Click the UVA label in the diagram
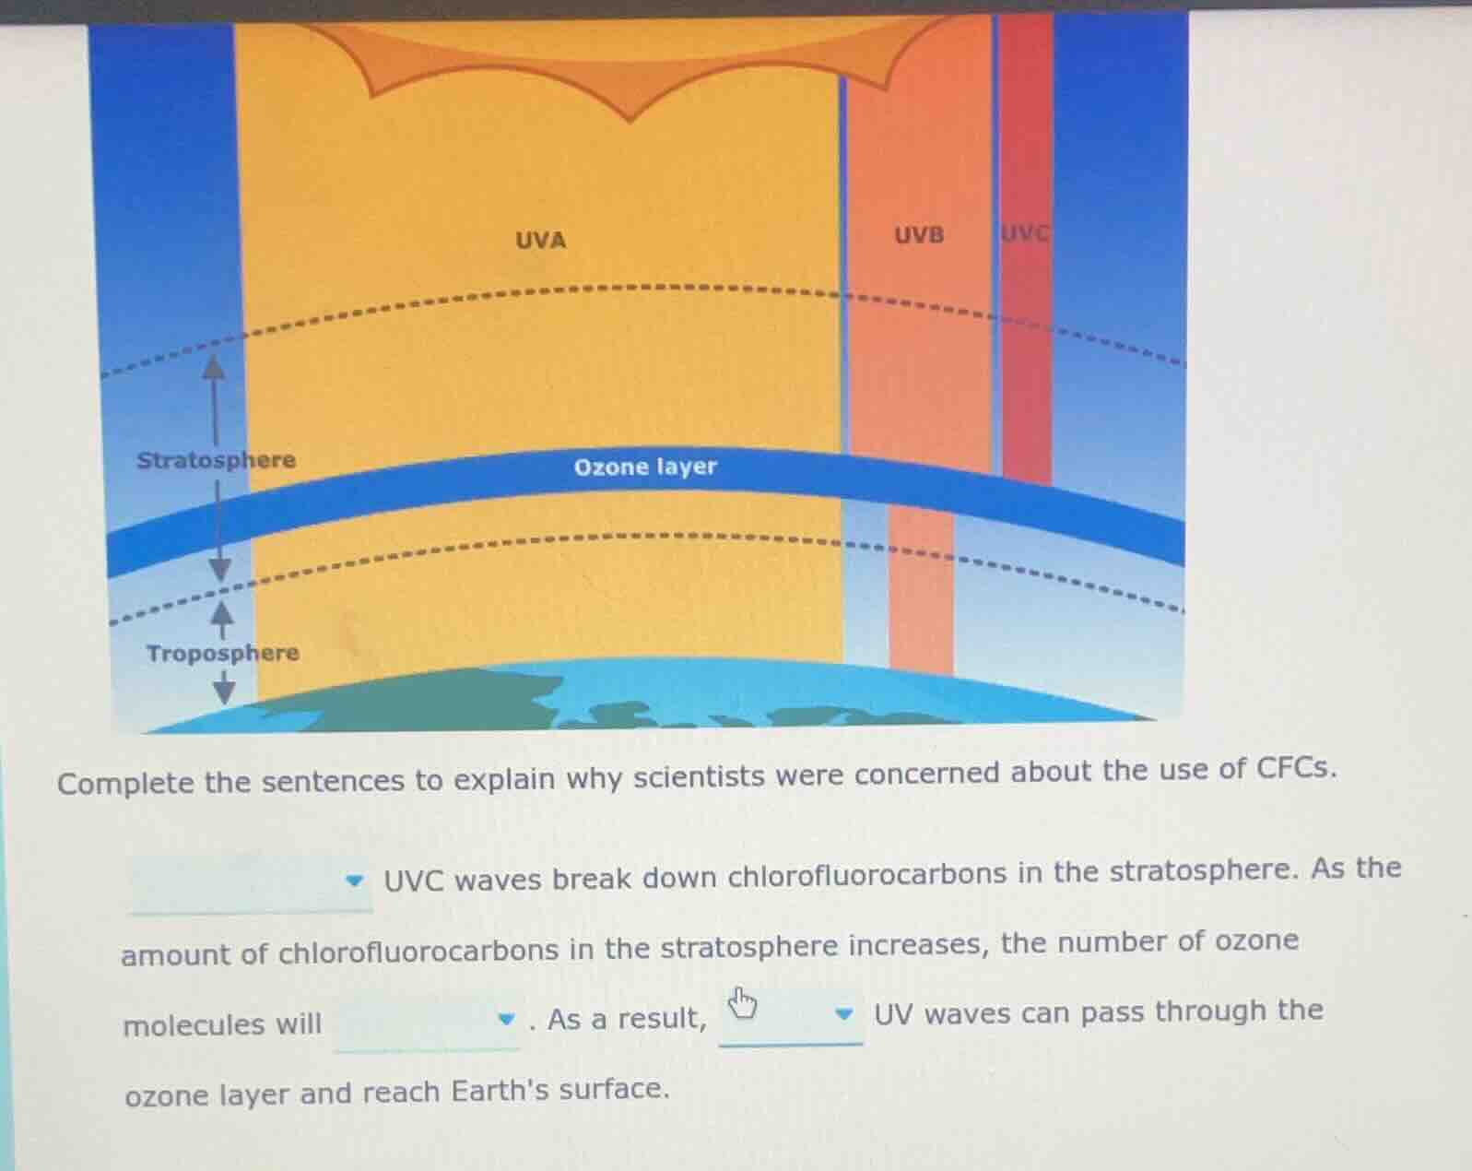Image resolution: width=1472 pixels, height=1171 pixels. click(x=541, y=241)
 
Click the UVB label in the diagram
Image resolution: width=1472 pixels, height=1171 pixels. click(x=919, y=235)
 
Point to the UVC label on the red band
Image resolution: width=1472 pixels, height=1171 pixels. click(x=1024, y=233)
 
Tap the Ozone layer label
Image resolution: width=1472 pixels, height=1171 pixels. click(x=645, y=467)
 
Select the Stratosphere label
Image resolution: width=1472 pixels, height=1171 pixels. click(x=217, y=460)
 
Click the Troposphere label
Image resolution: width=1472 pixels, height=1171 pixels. click(x=223, y=653)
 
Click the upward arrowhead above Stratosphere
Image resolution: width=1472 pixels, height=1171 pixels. click(x=214, y=367)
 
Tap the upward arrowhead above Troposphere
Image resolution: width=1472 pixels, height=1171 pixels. click(x=221, y=612)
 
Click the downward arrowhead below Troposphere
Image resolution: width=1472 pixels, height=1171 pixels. click(x=224, y=692)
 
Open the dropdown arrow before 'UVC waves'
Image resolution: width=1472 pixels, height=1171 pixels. click(x=354, y=881)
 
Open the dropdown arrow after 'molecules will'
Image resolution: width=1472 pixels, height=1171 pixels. click(x=506, y=1019)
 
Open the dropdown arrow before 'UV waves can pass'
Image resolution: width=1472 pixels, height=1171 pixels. click(x=844, y=1013)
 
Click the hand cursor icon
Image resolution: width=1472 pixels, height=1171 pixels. click(x=742, y=1003)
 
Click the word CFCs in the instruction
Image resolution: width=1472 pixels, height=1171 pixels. click(x=1296, y=769)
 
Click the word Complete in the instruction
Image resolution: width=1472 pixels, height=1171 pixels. click(x=125, y=783)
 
